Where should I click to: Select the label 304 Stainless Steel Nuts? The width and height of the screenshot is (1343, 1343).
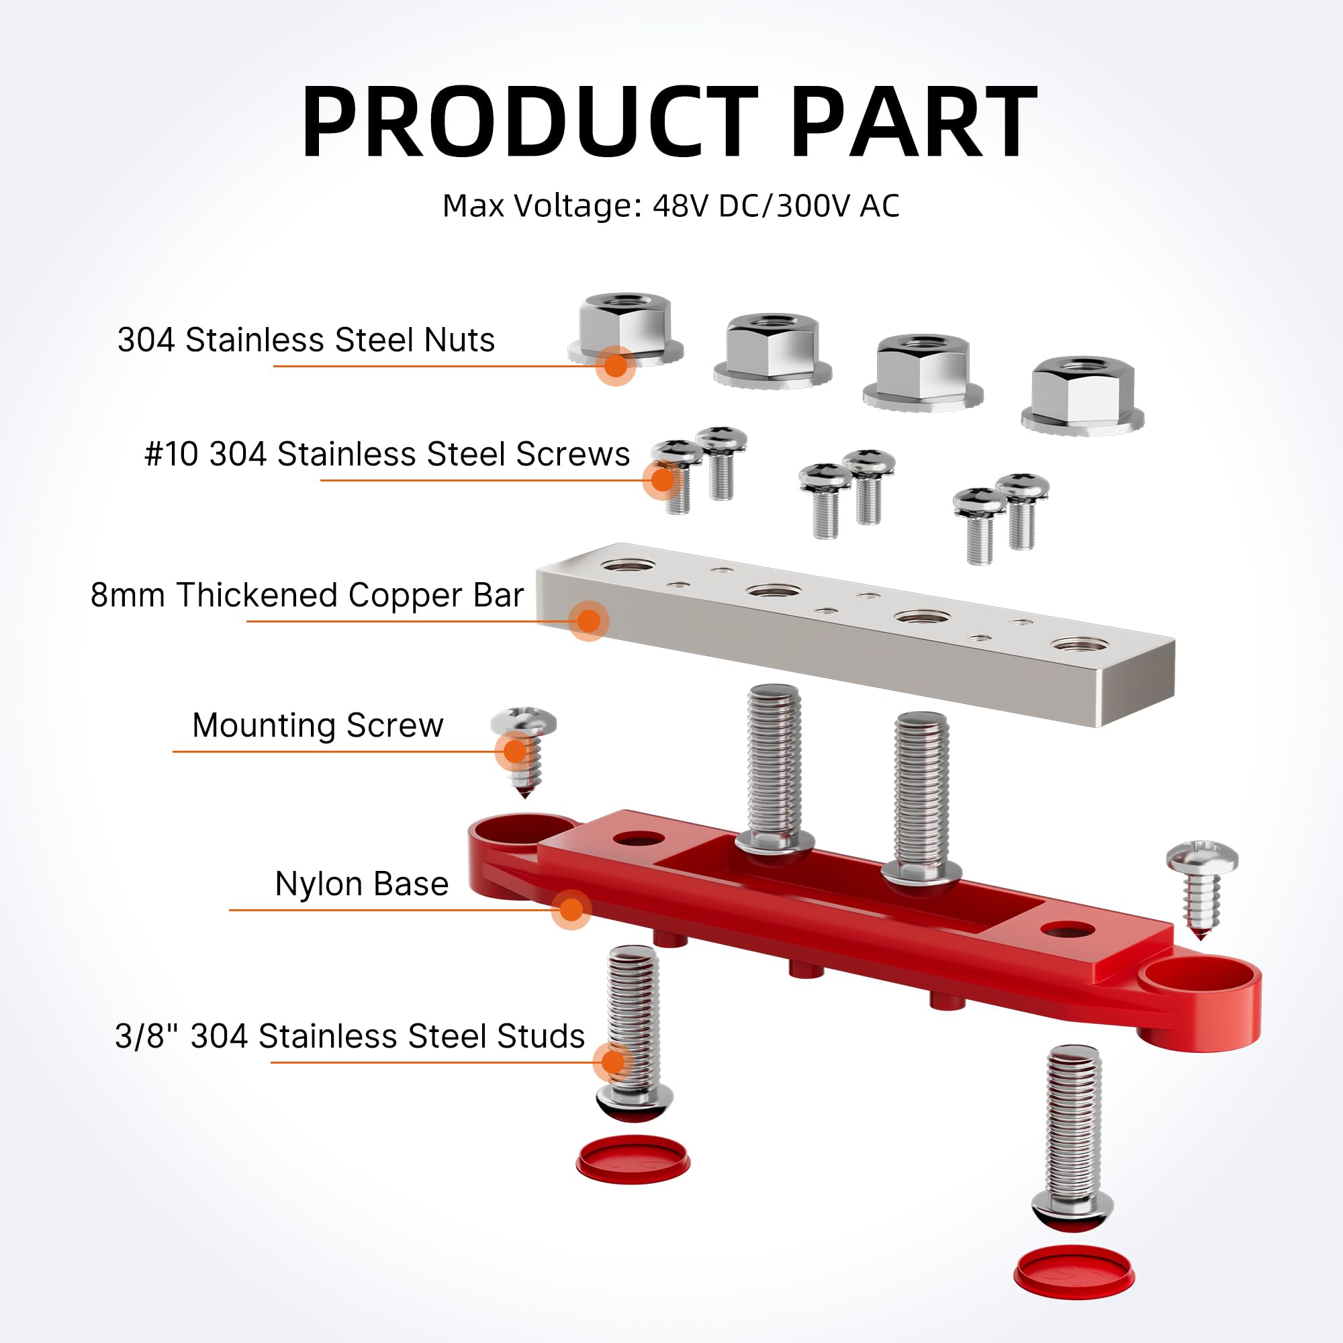306,340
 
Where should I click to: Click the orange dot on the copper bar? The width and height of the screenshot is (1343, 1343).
589,620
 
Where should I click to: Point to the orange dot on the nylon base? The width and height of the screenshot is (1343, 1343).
571,909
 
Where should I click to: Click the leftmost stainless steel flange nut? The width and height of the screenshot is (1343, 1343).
625,330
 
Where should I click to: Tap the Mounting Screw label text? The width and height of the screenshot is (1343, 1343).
318,726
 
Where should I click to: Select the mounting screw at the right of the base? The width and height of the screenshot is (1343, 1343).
1202,886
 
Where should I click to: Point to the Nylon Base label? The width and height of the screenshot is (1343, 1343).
361,884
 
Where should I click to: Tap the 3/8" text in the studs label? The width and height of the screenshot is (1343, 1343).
146,1035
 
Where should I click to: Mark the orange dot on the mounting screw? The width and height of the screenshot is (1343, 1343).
515,751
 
